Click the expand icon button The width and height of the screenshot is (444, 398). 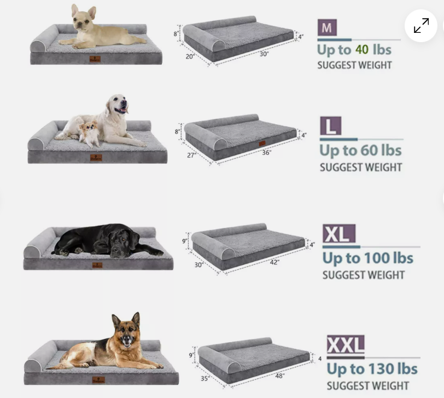[421, 26]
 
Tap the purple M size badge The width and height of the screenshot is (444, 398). [326, 28]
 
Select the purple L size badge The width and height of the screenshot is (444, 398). [330, 126]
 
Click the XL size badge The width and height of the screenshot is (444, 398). [339, 234]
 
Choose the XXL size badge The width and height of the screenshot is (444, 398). [345, 345]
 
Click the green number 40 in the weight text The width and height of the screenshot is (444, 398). [361, 49]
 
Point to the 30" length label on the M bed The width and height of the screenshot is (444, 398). [264, 54]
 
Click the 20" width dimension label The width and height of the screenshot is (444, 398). [190, 56]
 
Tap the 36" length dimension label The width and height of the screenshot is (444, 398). [266, 153]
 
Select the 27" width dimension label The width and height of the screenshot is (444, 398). [191, 155]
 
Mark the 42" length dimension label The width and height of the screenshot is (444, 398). [274, 262]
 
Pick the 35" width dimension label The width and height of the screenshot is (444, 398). [205, 378]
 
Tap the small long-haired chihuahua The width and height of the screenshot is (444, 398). [89, 133]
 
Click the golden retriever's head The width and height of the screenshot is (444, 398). [118, 104]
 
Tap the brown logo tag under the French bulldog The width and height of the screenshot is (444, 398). [95, 59]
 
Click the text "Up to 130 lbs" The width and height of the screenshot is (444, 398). [372, 369]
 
